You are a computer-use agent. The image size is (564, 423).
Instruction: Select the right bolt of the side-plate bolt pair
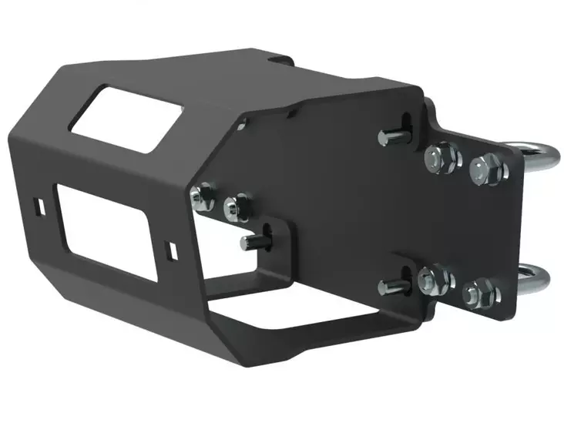coord(234,208)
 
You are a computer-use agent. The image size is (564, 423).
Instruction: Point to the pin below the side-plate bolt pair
coord(250,243)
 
